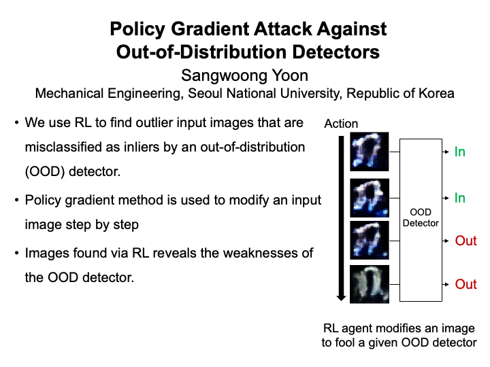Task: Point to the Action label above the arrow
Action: (341, 124)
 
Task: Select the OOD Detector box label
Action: (421, 218)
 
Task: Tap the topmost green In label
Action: (460, 152)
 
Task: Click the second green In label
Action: (460, 198)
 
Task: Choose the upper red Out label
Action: (465, 241)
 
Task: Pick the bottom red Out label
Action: (465, 284)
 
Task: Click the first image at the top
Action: (370, 151)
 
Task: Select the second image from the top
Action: (370, 197)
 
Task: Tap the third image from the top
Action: (370, 240)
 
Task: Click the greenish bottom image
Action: (370, 284)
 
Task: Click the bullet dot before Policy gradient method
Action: (16, 200)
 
